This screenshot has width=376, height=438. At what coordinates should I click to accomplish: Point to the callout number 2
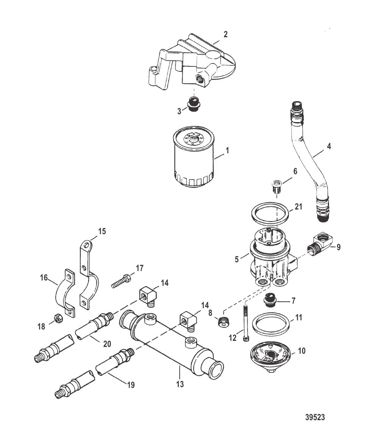(x=226, y=35)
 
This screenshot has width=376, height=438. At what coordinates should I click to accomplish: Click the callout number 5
(x=237, y=260)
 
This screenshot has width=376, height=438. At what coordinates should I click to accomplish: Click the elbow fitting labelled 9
(x=319, y=243)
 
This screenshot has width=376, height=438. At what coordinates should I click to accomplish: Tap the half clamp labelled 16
(x=64, y=292)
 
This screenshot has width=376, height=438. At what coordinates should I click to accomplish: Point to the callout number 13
(x=180, y=384)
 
